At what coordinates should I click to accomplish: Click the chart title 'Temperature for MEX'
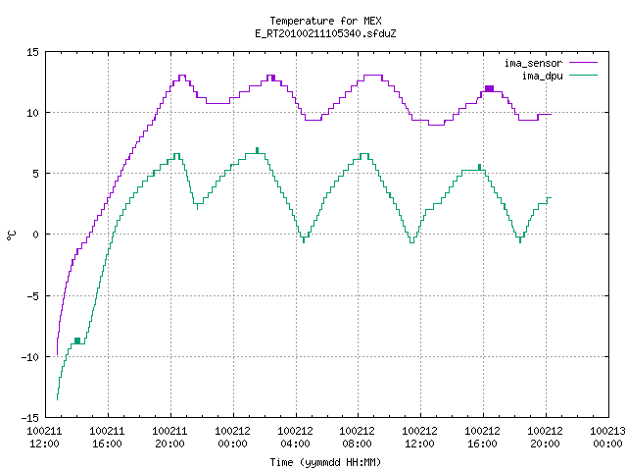(x=325, y=21)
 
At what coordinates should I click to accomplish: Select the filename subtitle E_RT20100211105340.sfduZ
(x=325, y=33)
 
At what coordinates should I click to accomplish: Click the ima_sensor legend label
(x=533, y=63)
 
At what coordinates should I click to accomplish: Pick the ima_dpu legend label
(x=542, y=76)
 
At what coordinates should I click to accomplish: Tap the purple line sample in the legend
(x=584, y=63)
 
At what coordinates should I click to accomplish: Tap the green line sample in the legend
(x=584, y=75)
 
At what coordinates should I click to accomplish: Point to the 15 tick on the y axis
(x=32, y=52)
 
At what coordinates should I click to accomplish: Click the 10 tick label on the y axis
(x=32, y=113)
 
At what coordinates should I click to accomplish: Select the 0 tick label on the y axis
(x=35, y=235)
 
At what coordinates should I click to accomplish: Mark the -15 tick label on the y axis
(x=30, y=418)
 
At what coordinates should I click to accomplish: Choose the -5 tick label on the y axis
(x=32, y=296)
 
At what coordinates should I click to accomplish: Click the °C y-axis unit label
(x=11, y=235)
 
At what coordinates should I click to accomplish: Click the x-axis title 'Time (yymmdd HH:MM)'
(x=325, y=462)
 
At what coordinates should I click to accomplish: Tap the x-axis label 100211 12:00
(x=44, y=438)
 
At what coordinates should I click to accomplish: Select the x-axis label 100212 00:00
(x=233, y=438)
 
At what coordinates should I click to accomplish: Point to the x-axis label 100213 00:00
(x=607, y=438)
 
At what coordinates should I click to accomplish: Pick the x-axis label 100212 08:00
(x=357, y=438)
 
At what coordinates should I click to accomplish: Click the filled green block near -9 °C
(x=77, y=340)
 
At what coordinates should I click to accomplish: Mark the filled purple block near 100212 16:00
(x=489, y=88)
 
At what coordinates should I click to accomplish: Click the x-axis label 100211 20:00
(x=169, y=438)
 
